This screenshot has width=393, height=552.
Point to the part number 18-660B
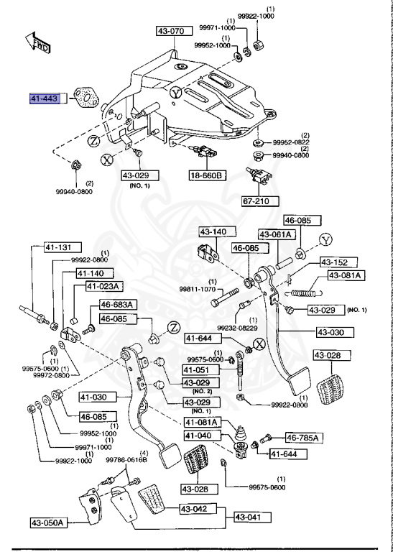[x=207, y=175]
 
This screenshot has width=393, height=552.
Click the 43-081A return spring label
[x=346, y=275]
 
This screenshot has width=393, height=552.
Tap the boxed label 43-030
[x=336, y=332]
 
